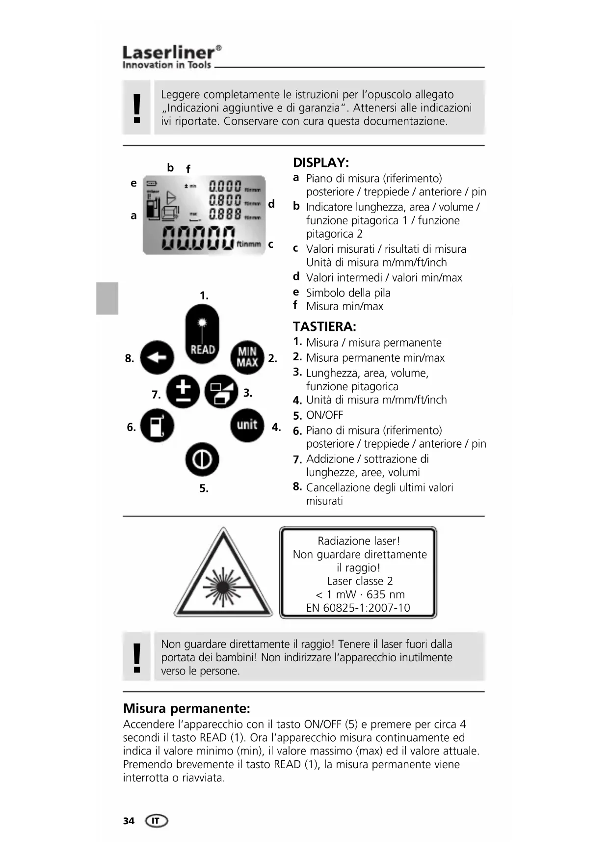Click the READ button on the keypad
click(x=202, y=334)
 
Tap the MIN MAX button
click(x=247, y=357)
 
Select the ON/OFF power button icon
click(x=202, y=460)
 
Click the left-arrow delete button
click(x=157, y=357)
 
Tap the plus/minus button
click(x=183, y=392)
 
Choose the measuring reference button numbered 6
click(x=157, y=426)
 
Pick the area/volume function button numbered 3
click(x=221, y=392)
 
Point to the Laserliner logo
click(x=171, y=56)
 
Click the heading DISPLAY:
click(x=321, y=162)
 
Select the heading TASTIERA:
click(x=324, y=326)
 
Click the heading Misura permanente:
click(x=186, y=708)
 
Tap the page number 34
click(x=129, y=821)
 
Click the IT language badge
click(x=156, y=821)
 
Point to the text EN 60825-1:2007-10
click(x=358, y=608)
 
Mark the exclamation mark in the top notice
click(x=137, y=108)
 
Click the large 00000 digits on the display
click(x=198, y=239)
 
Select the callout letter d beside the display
click(x=271, y=204)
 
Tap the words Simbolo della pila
click(x=348, y=293)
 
